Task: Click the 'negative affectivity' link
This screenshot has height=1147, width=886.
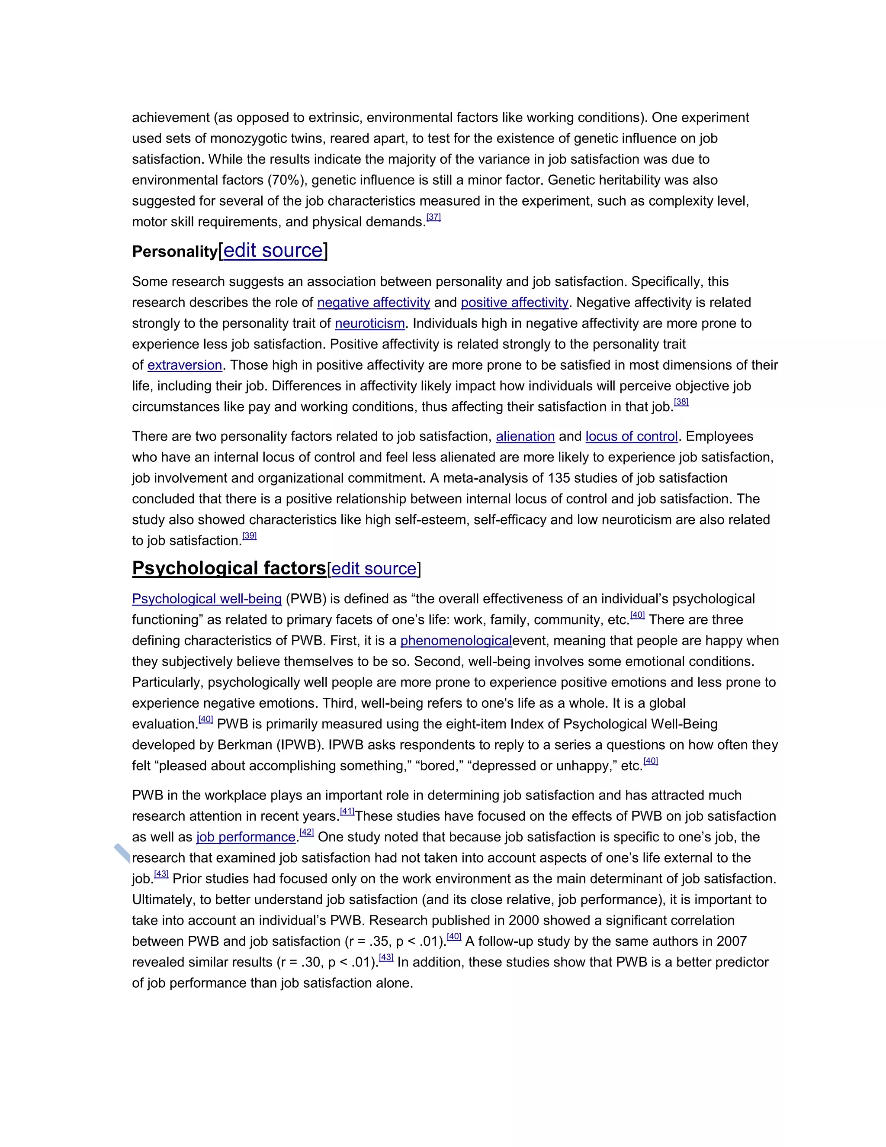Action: (373, 303)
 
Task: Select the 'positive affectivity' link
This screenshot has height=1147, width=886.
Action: (514, 303)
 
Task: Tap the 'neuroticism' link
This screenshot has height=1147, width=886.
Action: (369, 323)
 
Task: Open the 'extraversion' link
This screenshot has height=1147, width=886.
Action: (185, 365)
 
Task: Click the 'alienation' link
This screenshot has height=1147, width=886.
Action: (525, 436)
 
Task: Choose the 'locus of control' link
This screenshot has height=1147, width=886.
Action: (632, 436)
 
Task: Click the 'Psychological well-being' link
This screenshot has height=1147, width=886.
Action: (207, 599)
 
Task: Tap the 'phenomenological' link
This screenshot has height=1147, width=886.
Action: (456, 641)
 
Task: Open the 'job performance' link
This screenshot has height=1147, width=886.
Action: (246, 837)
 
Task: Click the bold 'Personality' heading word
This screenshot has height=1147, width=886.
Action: (174, 252)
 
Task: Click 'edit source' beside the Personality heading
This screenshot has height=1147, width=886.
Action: (273, 251)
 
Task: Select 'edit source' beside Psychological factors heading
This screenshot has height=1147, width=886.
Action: (374, 569)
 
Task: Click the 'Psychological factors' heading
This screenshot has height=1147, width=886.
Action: (229, 568)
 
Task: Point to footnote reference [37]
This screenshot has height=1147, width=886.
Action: (433, 217)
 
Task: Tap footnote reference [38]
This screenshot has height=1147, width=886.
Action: (681, 402)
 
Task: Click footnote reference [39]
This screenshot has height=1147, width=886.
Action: (249, 536)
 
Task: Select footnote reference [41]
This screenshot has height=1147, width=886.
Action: (347, 812)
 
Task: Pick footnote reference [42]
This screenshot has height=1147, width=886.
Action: (307, 832)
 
